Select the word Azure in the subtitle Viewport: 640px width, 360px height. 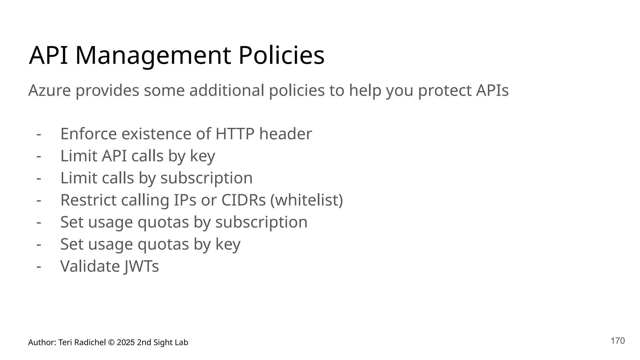pos(49,91)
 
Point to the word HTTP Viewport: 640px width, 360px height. pos(235,134)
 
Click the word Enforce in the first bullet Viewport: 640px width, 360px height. pos(88,134)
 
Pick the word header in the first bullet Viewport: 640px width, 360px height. pos(285,134)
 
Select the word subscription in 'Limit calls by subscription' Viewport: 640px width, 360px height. pos(206,178)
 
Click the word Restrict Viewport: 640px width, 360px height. pos(88,200)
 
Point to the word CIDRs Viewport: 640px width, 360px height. pos(243,200)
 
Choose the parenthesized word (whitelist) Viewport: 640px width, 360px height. pos(307,200)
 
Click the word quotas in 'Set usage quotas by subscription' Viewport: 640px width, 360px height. pos(163,222)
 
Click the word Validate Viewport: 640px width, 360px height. pos(90,267)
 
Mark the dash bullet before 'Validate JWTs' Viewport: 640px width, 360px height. pos(39,267)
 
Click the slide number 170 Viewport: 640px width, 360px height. pos(617,341)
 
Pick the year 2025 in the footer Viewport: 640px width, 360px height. pos(126,342)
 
